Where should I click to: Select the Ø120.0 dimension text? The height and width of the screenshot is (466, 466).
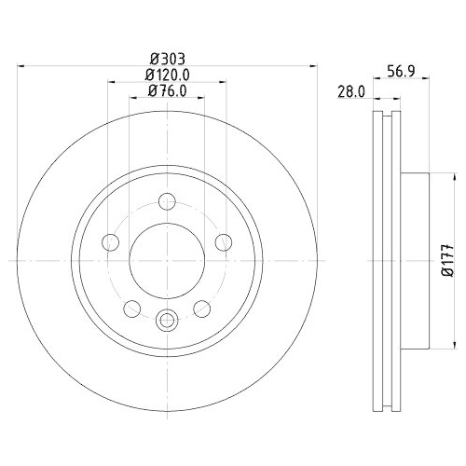tap(167, 75)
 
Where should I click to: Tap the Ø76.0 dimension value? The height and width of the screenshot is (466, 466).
tap(167, 91)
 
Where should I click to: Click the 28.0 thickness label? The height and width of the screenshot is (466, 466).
tap(350, 92)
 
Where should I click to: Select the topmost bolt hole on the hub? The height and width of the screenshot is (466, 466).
tap(167, 200)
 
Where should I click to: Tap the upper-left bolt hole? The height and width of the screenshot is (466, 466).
tap(111, 242)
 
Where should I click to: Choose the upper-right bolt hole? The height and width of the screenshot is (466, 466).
tap(223, 242)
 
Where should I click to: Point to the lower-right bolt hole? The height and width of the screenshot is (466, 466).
tap(200, 308)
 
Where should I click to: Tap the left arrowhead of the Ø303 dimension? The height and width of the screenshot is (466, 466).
tap(23, 65)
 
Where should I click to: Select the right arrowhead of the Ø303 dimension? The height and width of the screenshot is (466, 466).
tap(309, 65)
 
